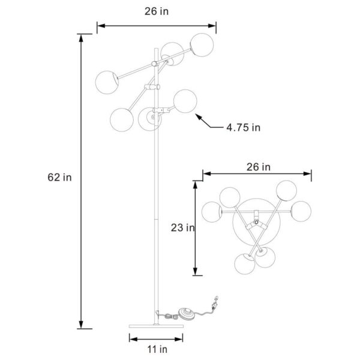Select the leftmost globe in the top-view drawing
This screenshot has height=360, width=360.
tap(212, 211)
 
